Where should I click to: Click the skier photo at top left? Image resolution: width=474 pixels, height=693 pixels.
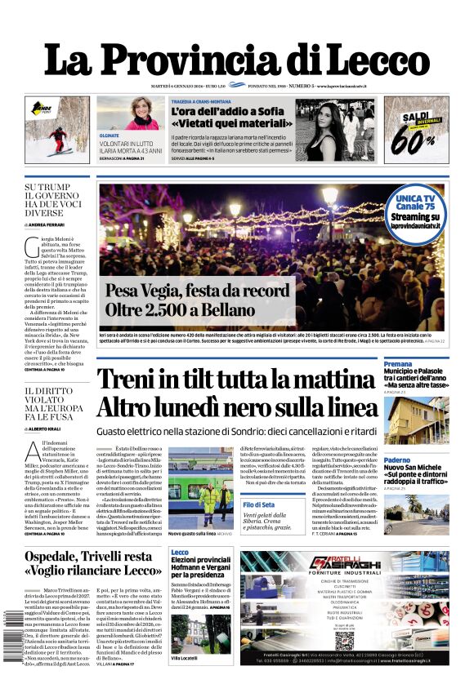point(56,129)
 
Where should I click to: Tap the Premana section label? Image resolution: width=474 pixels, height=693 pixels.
point(399,363)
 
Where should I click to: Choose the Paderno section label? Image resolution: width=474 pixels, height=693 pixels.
point(398,460)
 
